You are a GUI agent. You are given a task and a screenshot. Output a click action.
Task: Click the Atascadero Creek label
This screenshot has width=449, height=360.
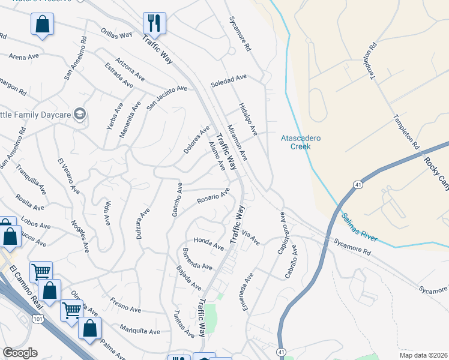pos(301,142)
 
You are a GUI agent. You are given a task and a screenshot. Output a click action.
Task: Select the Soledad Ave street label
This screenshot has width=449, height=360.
pos(229,81)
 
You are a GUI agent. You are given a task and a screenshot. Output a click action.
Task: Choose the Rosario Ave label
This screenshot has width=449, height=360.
pos(214,196)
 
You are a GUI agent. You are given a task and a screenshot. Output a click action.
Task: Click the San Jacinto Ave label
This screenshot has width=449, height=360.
pos(167,97)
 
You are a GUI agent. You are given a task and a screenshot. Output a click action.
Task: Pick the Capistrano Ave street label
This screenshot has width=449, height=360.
pos(284,232)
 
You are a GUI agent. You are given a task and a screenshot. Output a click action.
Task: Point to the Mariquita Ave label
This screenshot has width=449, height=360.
pos(140,330)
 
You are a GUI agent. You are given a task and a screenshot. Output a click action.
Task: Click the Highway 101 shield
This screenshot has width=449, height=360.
pos(38,319)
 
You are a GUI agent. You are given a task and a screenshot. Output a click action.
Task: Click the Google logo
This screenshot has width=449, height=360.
pos(20,353)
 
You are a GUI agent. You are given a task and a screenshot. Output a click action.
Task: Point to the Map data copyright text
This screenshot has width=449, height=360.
pos(424,355)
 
